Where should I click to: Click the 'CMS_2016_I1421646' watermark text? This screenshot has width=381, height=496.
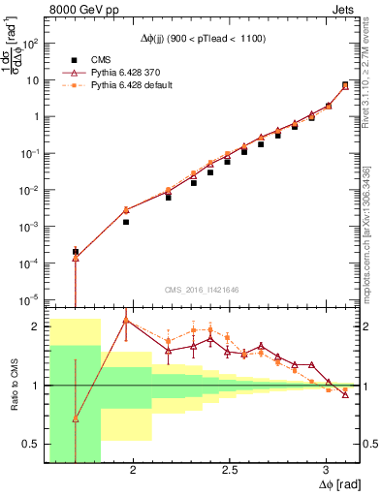[x=204, y=289]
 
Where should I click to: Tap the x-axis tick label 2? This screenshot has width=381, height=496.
[x=133, y=468]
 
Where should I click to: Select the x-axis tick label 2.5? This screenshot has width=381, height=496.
[x=230, y=468]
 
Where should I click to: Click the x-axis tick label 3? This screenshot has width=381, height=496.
[x=327, y=468]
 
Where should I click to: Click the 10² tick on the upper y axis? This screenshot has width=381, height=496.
[x=33, y=44]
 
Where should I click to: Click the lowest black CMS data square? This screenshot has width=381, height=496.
[x=76, y=252]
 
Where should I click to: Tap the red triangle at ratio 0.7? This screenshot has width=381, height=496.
[x=76, y=418]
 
